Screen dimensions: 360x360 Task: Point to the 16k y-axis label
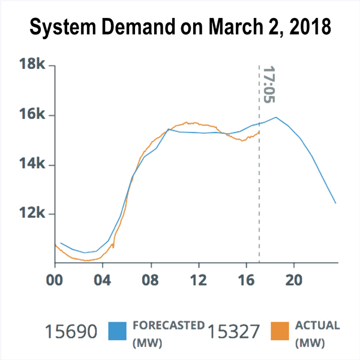click(29, 115)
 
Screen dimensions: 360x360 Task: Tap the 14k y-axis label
click(29, 164)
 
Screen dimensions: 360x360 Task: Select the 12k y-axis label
click(29, 214)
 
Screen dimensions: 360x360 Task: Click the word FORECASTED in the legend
click(167, 326)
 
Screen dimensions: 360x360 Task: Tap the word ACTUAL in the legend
click(317, 326)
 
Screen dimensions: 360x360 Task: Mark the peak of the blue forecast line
click(276, 117)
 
